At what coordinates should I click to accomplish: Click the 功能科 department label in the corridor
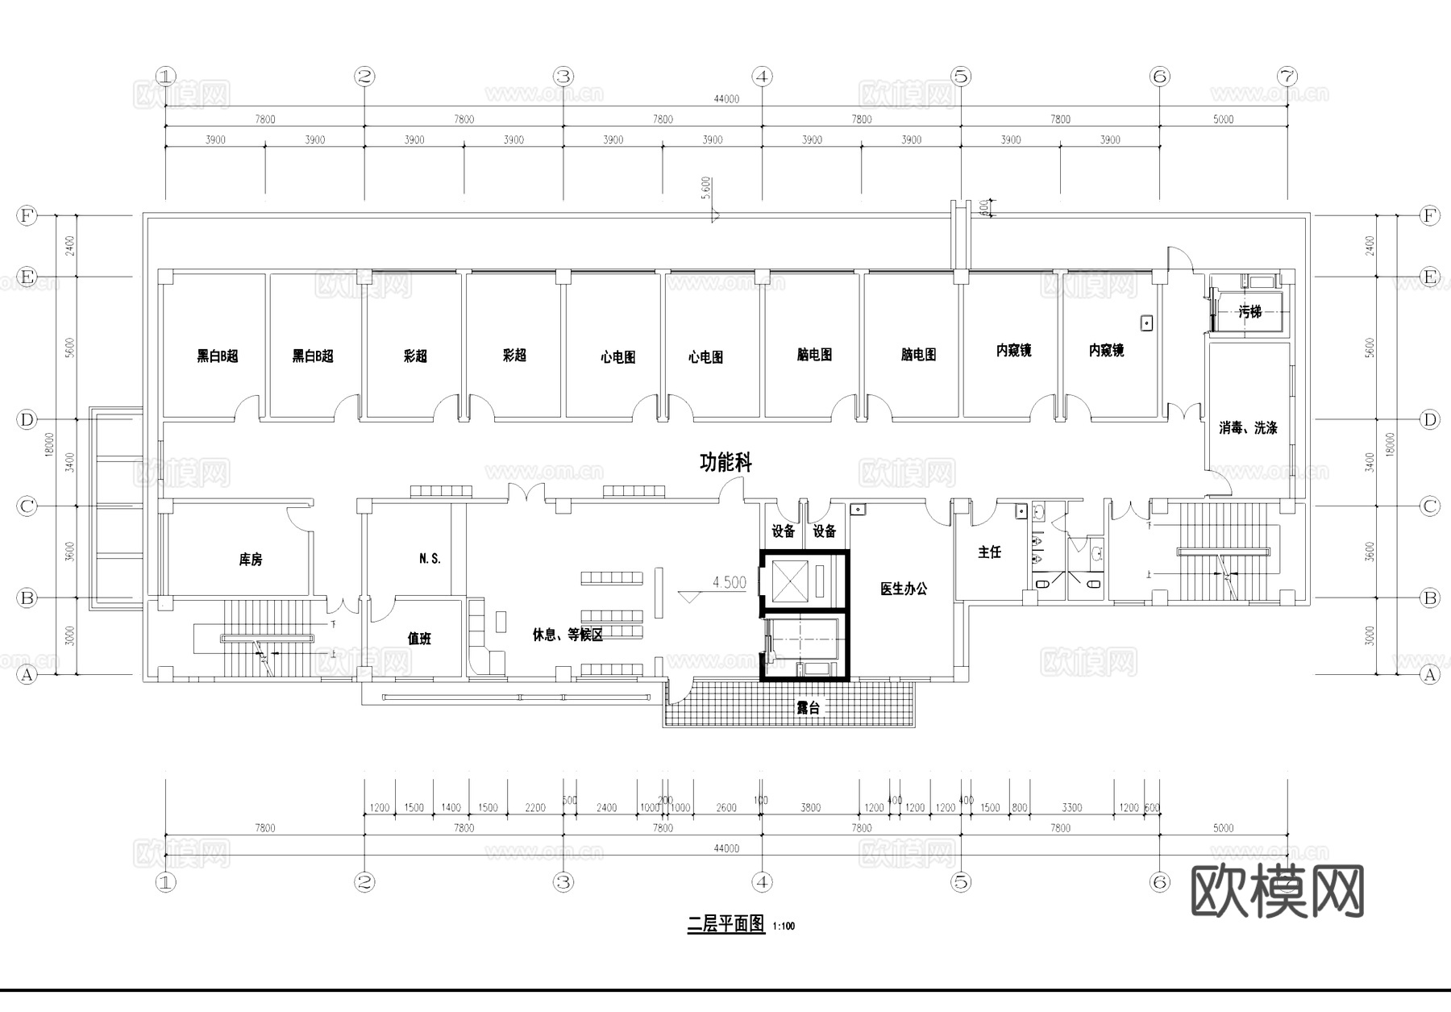pyautogui.click(x=725, y=463)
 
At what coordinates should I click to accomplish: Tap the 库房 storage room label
pyautogui.click(x=251, y=559)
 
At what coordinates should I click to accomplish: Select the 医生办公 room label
pyautogui.click(x=903, y=589)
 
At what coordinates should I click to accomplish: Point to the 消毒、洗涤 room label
pyautogui.click(x=1247, y=428)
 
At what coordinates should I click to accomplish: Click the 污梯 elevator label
pyautogui.click(x=1249, y=311)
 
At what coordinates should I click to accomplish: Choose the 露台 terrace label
pyautogui.click(x=808, y=708)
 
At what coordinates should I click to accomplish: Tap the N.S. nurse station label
pyautogui.click(x=430, y=558)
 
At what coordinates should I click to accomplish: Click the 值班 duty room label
pyautogui.click(x=419, y=639)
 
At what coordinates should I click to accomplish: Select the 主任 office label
pyautogui.click(x=989, y=552)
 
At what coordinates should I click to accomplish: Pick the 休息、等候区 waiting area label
pyautogui.click(x=568, y=635)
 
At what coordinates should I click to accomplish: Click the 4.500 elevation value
pyautogui.click(x=729, y=582)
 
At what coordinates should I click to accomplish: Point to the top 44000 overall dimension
pyautogui.click(x=725, y=99)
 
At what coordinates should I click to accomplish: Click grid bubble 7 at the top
pyautogui.click(x=1287, y=77)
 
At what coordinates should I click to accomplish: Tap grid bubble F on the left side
pyautogui.click(x=27, y=216)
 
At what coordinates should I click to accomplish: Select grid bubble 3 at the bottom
pyautogui.click(x=563, y=882)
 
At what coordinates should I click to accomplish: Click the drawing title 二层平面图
pyautogui.click(x=725, y=924)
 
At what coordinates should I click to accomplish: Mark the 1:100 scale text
pyautogui.click(x=784, y=927)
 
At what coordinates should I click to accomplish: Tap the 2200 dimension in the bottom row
pyautogui.click(x=535, y=807)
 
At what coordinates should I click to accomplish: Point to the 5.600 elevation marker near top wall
pyautogui.click(x=706, y=188)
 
